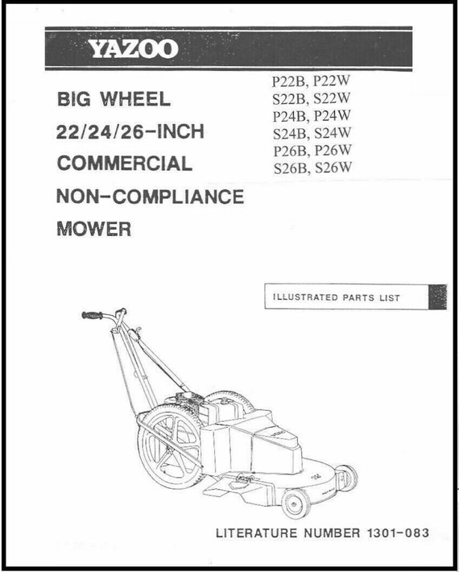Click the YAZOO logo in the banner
pyautogui.click(x=133, y=49)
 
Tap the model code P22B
pyautogui.click(x=290, y=81)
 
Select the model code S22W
pyautogui.click(x=332, y=98)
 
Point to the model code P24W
pyautogui.click(x=333, y=116)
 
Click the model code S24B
pyautogui.click(x=291, y=134)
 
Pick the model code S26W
pyautogui.click(x=333, y=168)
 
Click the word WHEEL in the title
pyautogui.click(x=135, y=99)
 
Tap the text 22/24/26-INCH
pyautogui.click(x=130, y=131)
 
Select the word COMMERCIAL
pyautogui.click(x=125, y=164)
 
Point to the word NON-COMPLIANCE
pyautogui.click(x=151, y=197)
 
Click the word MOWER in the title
pyautogui.click(x=94, y=229)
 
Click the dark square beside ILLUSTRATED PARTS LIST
pyautogui.click(x=437, y=296)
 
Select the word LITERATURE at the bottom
pyautogui.click(x=257, y=533)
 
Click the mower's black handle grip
pyautogui.click(x=93, y=315)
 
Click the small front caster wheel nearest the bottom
pyautogui.click(x=296, y=503)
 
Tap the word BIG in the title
pyautogui.click(x=73, y=99)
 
